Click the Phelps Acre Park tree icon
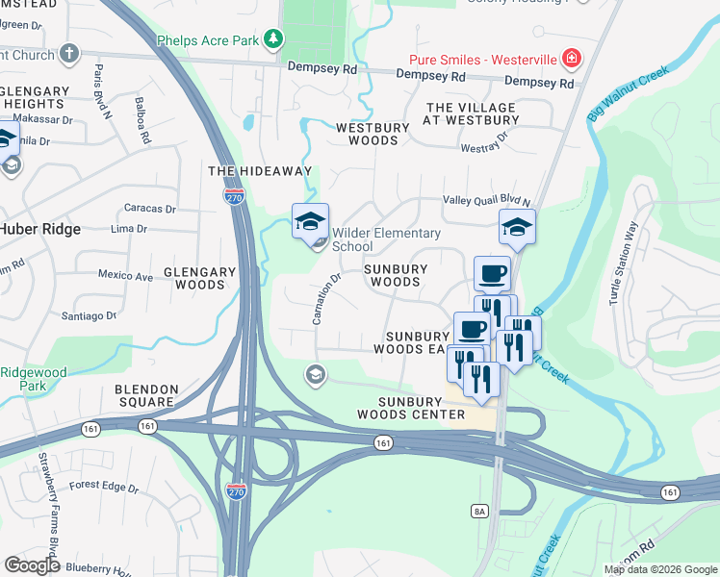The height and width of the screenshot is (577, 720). point(274,38)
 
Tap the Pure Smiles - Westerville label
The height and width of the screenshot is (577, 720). point(483,60)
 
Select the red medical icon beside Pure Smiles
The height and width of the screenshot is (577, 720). point(572,59)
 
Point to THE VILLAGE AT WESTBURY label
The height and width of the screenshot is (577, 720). point(472,113)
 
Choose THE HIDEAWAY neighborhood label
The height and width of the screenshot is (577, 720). point(261,171)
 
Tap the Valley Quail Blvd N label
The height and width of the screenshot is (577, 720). point(486,201)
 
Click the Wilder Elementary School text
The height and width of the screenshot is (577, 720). point(385,239)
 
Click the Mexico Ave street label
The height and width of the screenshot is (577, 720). point(125,277)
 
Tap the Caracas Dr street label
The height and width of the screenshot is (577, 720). point(151,208)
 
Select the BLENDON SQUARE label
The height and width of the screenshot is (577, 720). point(146,396)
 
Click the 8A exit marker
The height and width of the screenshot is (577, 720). point(479,511)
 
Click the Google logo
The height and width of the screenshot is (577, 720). point(32,565)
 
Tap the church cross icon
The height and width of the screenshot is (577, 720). point(68,53)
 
